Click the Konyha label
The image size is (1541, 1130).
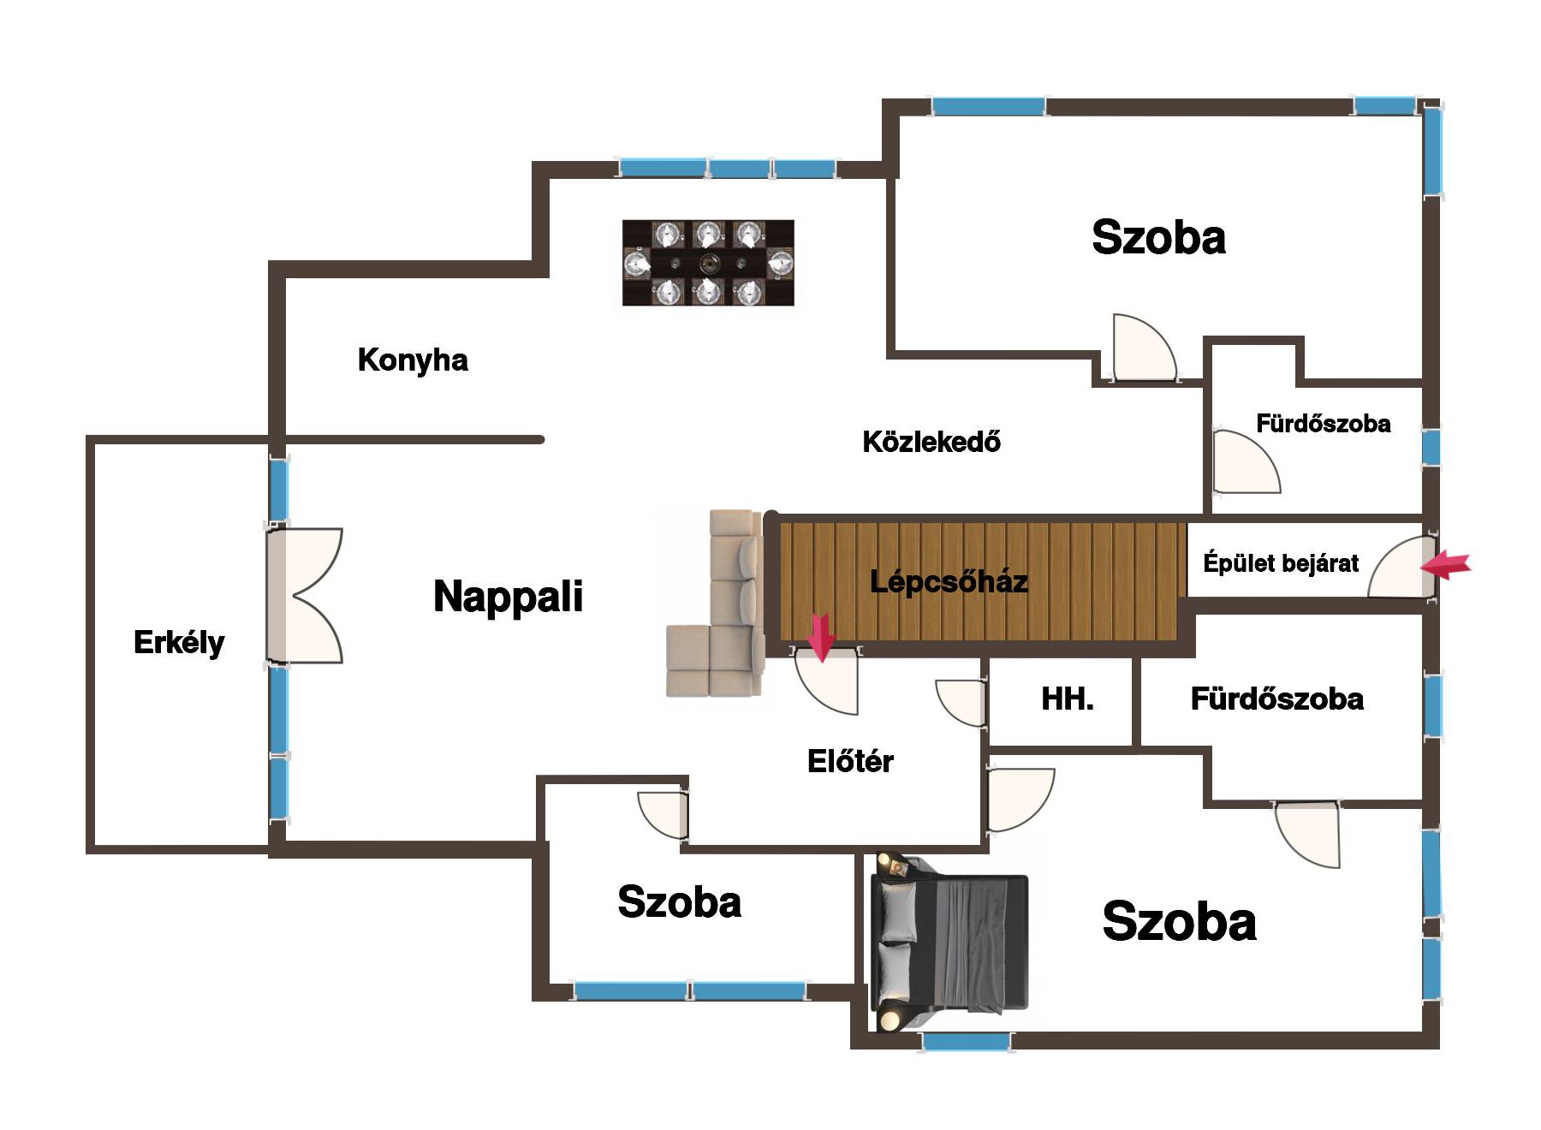[x=413, y=360]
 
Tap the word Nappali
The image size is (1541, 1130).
[x=508, y=597]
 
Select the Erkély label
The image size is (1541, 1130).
[x=179, y=642]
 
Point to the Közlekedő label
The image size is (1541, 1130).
[x=931, y=442]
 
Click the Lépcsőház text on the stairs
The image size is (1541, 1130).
[x=949, y=582]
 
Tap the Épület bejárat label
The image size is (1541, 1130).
[x=1281, y=563]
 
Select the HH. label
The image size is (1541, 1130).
[x=1067, y=699]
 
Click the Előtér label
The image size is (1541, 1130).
[x=850, y=761]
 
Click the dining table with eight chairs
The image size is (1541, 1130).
[x=708, y=263]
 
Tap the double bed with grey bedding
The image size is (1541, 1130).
[x=949, y=943]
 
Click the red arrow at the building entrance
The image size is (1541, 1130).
[x=1446, y=565]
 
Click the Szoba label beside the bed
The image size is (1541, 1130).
[x=1179, y=922]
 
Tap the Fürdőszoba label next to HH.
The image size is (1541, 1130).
[x=1276, y=699]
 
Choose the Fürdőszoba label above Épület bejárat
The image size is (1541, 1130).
[x=1323, y=424]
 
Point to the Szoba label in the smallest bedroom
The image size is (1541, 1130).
[x=679, y=902]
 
